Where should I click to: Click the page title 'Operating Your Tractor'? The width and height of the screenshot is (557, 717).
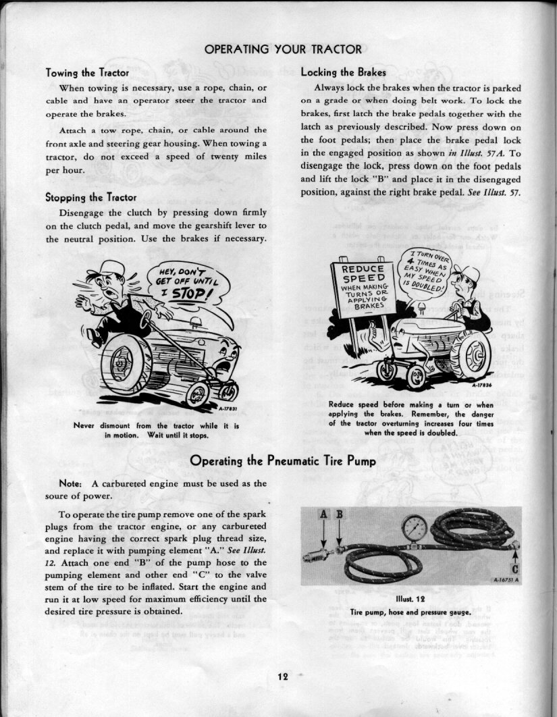coord(283,49)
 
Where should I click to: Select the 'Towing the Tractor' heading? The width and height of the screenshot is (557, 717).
coord(86,72)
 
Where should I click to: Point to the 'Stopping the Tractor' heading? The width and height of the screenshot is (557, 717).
coord(90,197)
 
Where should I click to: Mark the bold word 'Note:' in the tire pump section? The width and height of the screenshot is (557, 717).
coord(71,483)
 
